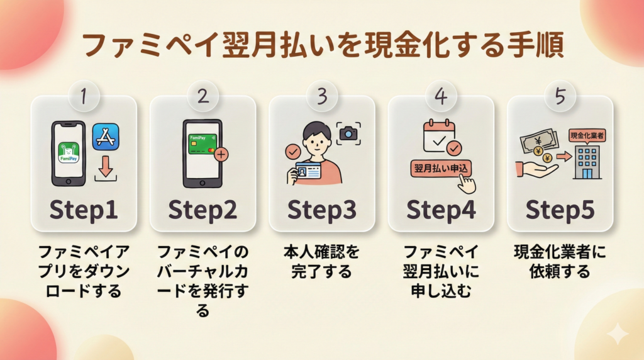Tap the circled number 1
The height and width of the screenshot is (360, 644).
click(83, 96)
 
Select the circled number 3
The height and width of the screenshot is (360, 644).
click(321, 96)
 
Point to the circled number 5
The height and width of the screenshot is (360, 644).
click(560, 96)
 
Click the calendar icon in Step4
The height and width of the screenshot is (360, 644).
click(438, 136)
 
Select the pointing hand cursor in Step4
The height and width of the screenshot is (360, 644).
click(467, 183)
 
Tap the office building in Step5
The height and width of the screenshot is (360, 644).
click(586, 162)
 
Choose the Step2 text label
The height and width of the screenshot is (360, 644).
click(203, 210)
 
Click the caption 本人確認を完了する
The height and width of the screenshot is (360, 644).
click(321, 262)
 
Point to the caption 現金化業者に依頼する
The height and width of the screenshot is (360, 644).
click(560, 262)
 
